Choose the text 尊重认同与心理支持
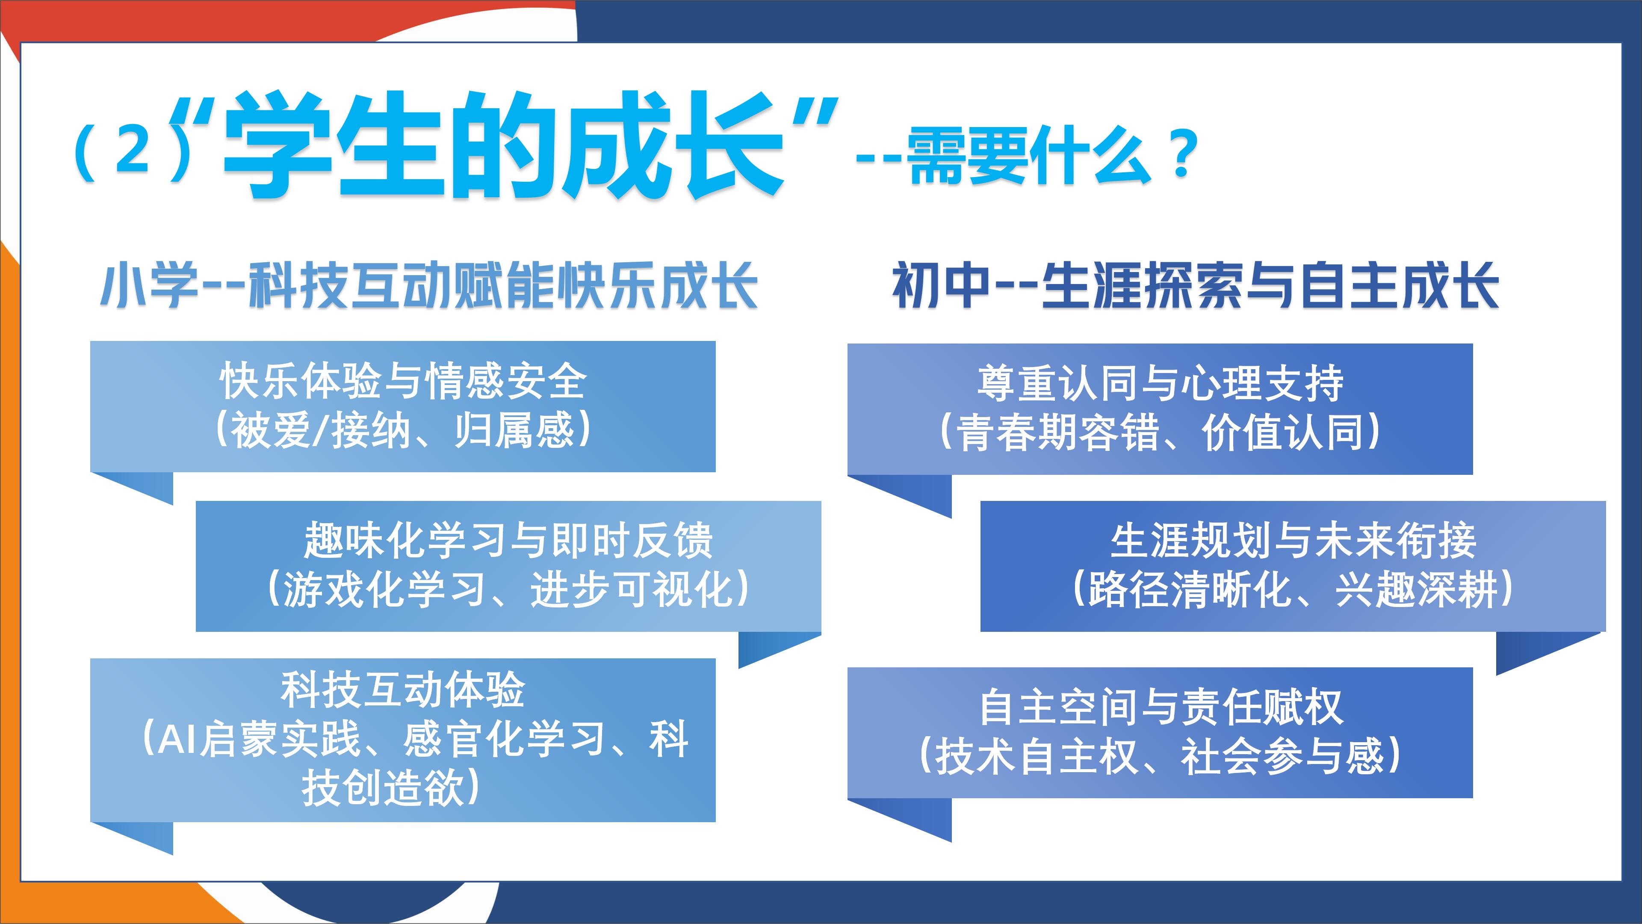(x=1160, y=383)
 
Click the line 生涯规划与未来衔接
(x=1294, y=540)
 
